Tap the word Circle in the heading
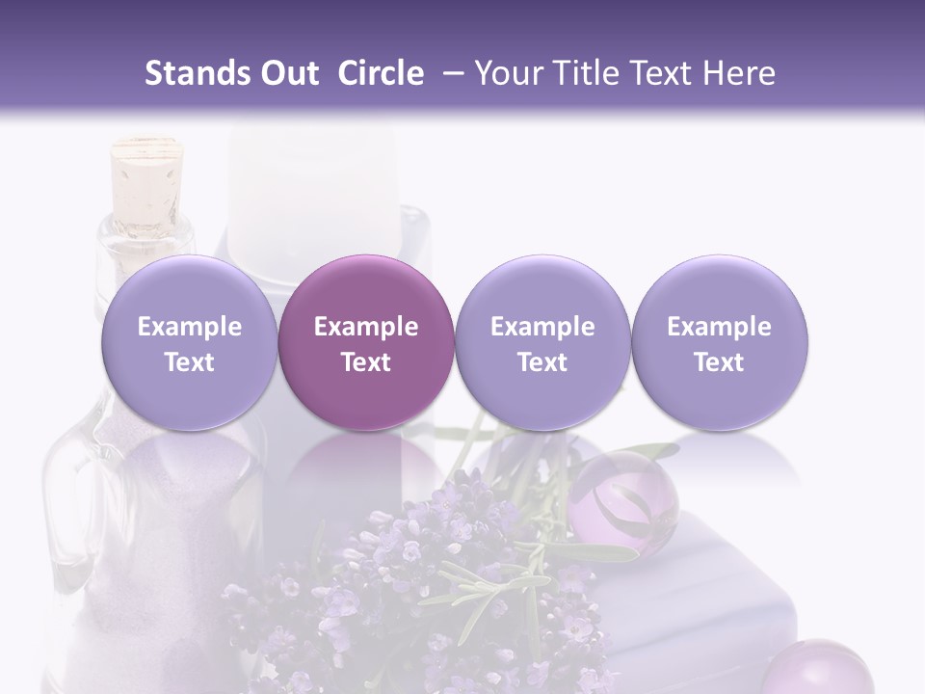(381, 74)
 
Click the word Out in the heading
(288, 74)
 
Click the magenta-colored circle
(366, 342)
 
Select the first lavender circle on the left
(189, 342)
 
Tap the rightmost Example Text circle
(719, 342)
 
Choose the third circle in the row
(542, 342)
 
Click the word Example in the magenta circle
(366, 327)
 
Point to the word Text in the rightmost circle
(719, 362)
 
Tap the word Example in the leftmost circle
(189, 327)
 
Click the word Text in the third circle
(542, 362)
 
